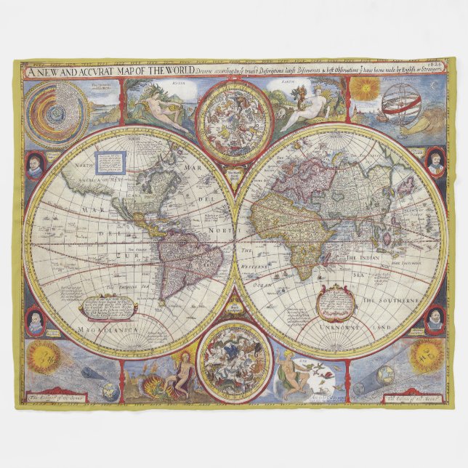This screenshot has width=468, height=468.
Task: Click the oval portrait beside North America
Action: pyautogui.click(x=34, y=166)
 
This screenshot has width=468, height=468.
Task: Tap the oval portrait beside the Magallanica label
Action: pyautogui.click(x=35, y=321)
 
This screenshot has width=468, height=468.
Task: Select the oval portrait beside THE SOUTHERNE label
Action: pyautogui.click(x=435, y=320)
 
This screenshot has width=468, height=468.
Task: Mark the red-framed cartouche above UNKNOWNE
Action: pyautogui.click(x=336, y=302)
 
